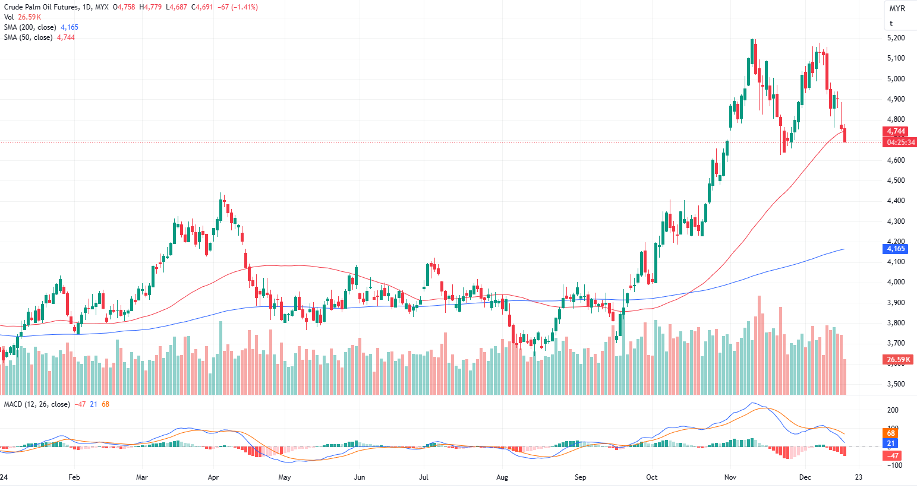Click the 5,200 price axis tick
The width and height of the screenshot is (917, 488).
pos(896,38)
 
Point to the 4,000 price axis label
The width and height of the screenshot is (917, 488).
pos(896,282)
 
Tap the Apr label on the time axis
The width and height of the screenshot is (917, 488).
pos(213,477)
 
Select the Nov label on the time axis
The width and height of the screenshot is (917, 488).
pos(730,477)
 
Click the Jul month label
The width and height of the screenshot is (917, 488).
pos(424,477)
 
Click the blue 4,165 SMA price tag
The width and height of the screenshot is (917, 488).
pos(896,249)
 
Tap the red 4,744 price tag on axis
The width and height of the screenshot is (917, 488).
pos(896,131)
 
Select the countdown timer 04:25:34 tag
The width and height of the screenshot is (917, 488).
pos(901,142)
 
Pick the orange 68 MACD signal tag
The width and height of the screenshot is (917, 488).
pos(891,433)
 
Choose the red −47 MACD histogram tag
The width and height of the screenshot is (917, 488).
pos(893,456)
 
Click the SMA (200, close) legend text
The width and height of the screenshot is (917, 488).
pos(30,27)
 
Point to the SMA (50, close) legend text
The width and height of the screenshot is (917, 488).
pos(28,37)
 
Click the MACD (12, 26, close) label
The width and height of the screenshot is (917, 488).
pos(37,404)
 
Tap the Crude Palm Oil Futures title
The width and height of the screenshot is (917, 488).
pos(41,7)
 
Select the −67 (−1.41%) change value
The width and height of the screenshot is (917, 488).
pos(238,7)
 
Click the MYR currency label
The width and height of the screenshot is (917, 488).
pos(897,8)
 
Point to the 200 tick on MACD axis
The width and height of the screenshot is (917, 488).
pos(893,410)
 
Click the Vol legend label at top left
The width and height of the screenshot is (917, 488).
pos(9,17)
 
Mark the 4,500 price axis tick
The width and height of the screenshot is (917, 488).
pos(896,180)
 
